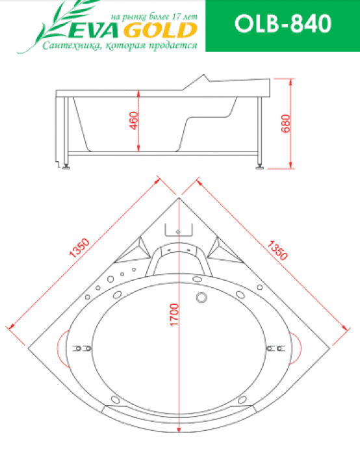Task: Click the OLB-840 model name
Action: point(283,23)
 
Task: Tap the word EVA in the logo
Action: point(94,31)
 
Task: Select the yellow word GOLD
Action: point(161,31)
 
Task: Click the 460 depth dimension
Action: point(133,121)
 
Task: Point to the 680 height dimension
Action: point(285,123)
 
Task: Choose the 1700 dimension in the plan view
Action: point(174,315)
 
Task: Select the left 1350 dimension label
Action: point(79,248)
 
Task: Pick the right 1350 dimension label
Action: point(277,250)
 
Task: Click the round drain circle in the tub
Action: point(201,298)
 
